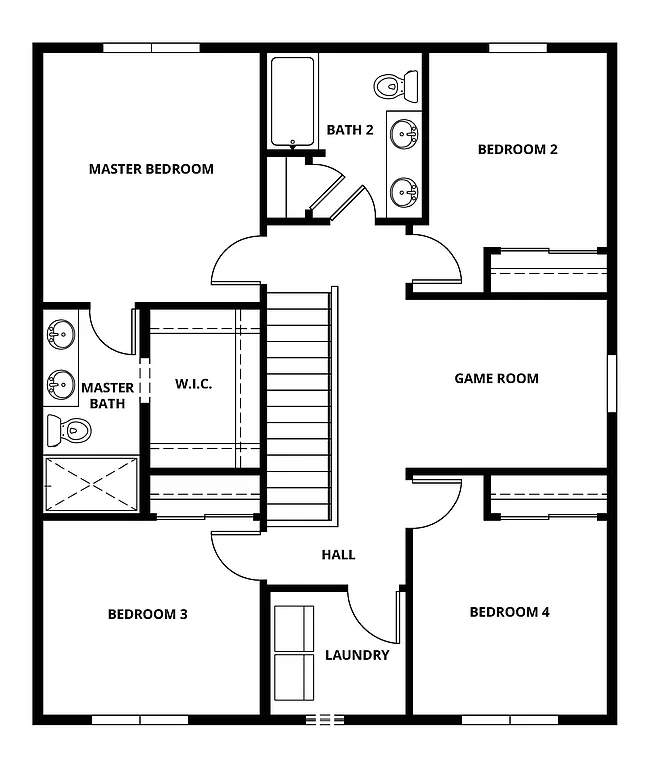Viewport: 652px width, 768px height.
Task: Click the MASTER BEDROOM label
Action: click(x=151, y=169)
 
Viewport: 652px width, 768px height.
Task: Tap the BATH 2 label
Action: click(x=350, y=129)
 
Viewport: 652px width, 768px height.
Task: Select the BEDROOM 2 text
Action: click(x=517, y=149)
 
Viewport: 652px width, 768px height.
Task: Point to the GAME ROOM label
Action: click(x=496, y=378)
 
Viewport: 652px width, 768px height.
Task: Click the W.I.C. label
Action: click(x=193, y=384)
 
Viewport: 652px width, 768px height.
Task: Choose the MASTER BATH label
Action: click(x=108, y=396)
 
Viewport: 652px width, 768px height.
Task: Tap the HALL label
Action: click(x=338, y=554)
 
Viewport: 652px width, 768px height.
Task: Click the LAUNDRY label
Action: click(x=357, y=655)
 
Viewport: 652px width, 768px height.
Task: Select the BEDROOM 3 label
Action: click(x=148, y=614)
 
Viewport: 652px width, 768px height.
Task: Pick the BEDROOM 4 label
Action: click(x=509, y=612)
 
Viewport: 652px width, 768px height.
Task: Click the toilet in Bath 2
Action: click(x=396, y=86)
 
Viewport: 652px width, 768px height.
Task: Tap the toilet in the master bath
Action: click(x=69, y=431)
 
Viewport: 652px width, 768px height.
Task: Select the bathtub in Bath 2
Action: click(x=293, y=102)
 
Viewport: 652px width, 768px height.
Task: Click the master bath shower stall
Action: click(x=91, y=485)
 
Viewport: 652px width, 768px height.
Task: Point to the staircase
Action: click(x=297, y=405)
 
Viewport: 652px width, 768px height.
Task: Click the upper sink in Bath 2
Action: click(x=405, y=132)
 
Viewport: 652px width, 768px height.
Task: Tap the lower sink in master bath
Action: click(x=61, y=382)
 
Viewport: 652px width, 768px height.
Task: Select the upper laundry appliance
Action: click(x=294, y=628)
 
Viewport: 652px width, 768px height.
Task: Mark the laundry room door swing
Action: click(x=375, y=615)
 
